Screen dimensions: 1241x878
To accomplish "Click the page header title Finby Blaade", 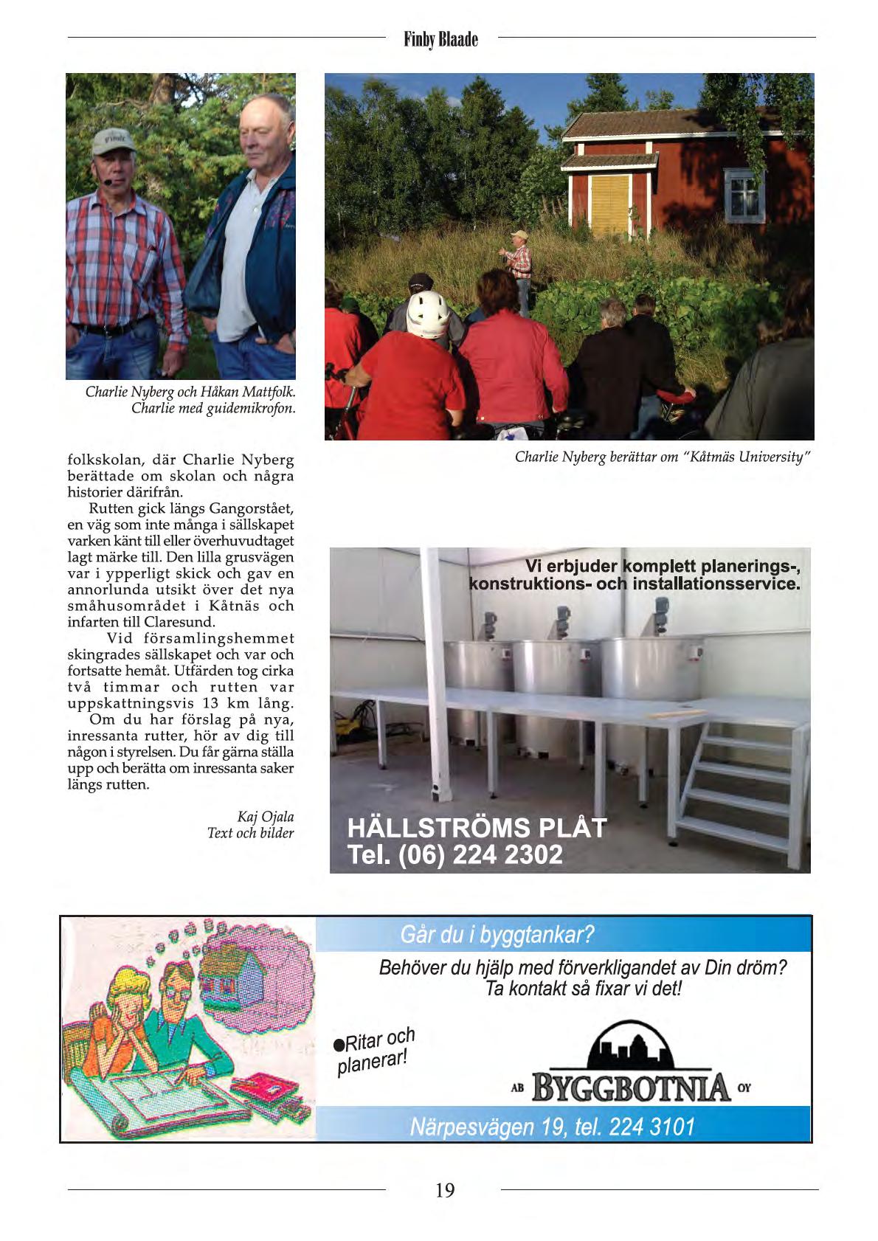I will pos(441,39).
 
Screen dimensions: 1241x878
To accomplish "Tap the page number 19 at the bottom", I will pos(445,1189).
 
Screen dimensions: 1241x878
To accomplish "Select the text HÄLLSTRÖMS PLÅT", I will pos(477,827).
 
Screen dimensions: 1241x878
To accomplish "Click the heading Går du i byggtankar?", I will pos(497,936).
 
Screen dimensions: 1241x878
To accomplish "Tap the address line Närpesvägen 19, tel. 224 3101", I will pos(553,1127).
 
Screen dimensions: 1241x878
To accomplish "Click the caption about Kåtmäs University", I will pos(663,457).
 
